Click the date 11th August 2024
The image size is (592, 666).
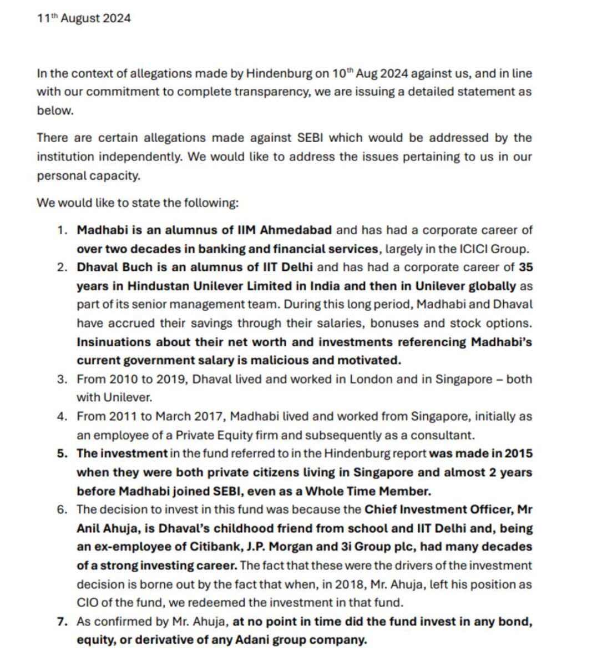click(x=84, y=18)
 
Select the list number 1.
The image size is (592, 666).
click(x=62, y=230)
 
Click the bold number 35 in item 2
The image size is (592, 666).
click(x=525, y=267)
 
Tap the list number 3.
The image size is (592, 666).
click(x=62, y=379)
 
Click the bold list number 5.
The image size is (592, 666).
click(x=62, y=453)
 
